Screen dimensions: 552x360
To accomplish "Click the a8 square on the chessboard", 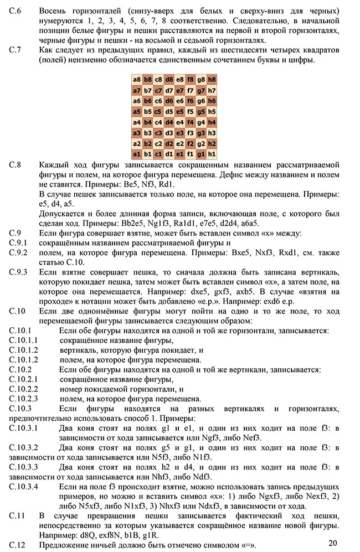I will point(137,79).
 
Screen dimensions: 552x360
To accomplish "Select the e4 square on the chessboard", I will point(180,122).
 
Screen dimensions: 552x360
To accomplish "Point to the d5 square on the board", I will point(169,111).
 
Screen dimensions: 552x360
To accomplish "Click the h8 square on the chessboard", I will point(212,79).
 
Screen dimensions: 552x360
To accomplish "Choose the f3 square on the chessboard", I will point(191,132).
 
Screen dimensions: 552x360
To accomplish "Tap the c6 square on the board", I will point(159,101).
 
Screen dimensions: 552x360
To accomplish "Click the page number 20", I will point(332,543).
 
